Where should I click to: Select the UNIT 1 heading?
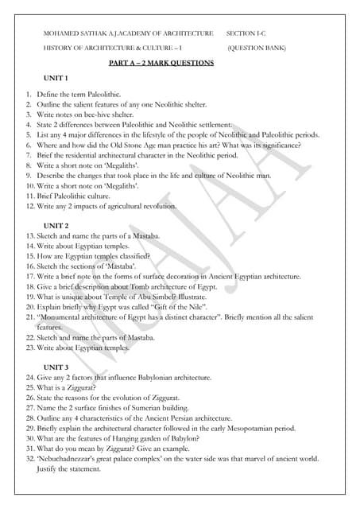(56, 78)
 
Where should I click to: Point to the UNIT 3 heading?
(56, 366)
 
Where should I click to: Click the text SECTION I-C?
(248, 33)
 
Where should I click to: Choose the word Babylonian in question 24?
(154, 377)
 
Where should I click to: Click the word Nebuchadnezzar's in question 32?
(68, 458)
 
